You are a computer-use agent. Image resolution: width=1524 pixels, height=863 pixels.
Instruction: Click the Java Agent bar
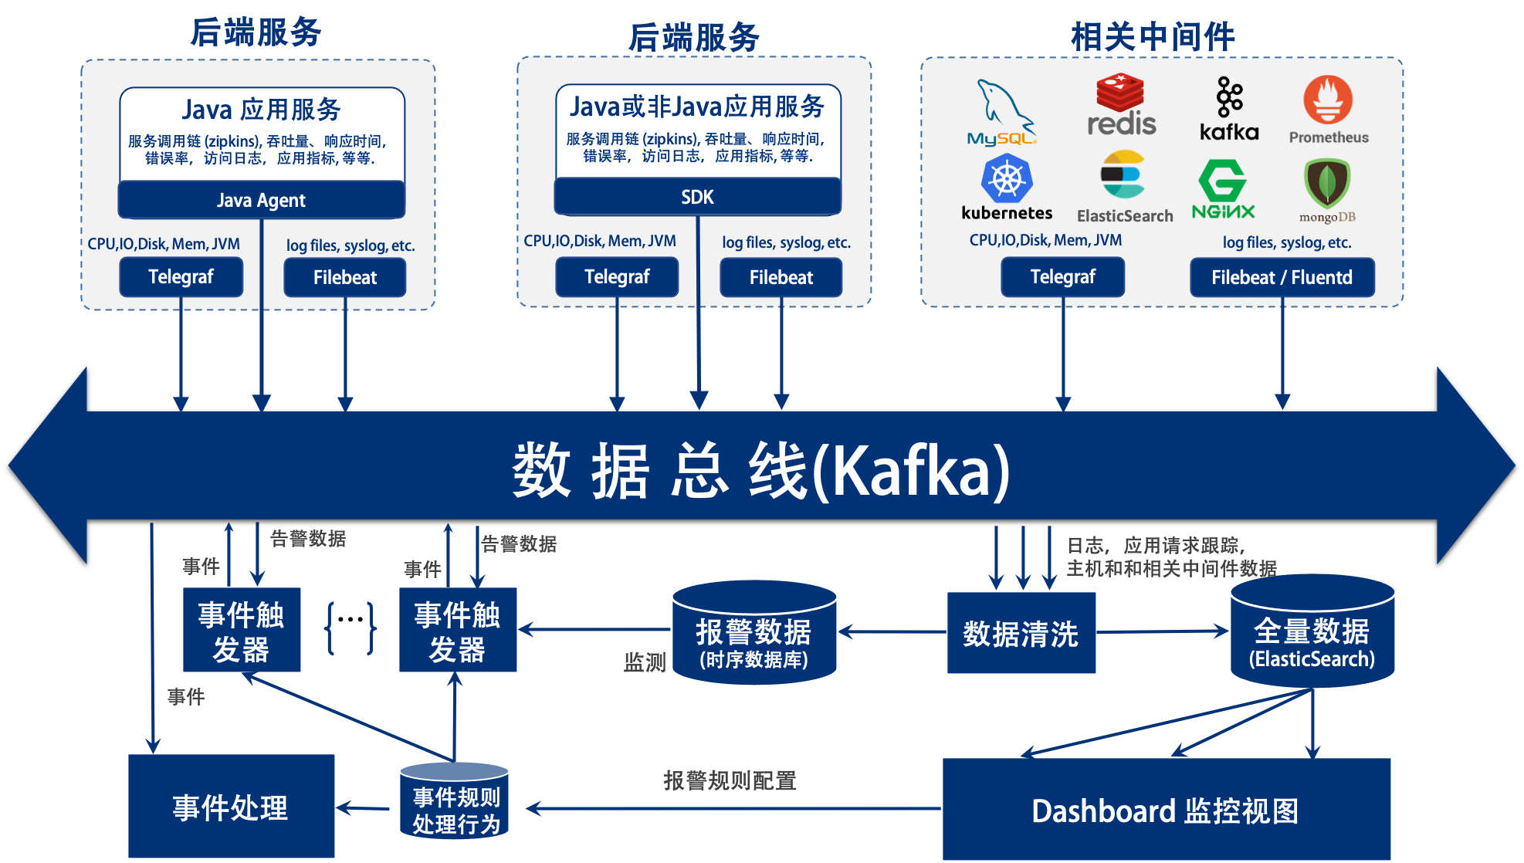[261, 200]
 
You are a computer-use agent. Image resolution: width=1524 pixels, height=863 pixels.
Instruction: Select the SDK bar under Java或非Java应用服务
[697, 197]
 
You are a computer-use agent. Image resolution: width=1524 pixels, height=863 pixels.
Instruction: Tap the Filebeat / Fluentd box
[1282, 277]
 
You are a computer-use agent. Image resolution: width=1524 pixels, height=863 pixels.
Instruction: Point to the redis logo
[1121, 105]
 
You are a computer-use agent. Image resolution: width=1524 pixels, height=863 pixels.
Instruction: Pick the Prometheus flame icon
[1328, 100]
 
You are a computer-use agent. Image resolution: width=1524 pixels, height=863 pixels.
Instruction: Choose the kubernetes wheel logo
[1006, 179]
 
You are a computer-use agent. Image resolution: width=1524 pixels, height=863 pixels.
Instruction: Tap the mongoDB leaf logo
[1326, 184]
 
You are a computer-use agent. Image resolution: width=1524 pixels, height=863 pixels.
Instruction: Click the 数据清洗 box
[1021, 633]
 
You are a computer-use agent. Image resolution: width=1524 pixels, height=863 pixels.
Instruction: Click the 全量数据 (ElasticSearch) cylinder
[1312, 633]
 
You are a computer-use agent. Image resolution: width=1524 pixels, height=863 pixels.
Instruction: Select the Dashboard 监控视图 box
[1166, 809]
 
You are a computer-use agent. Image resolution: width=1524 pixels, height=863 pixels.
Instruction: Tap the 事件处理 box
[231, 806]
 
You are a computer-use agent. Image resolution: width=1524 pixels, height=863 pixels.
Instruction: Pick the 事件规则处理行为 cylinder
[455, 803]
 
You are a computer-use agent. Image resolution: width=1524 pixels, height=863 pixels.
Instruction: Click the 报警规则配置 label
[730, 780]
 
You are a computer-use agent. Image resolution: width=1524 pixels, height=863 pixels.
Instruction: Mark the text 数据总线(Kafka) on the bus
[760, 470]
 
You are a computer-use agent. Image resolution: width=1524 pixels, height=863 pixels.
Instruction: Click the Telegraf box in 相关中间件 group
[1062, 277]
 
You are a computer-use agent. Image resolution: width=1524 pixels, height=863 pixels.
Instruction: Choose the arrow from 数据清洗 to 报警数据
[892, 631]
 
